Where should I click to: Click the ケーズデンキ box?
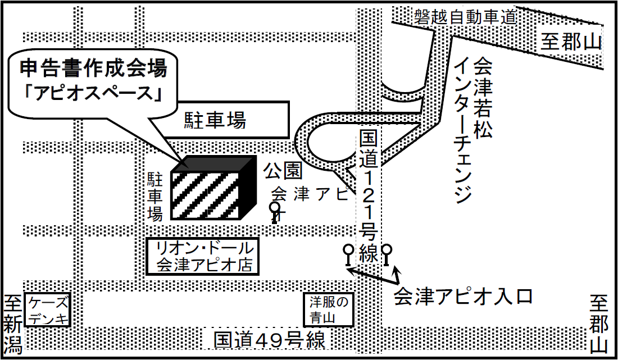[x=48, y=311]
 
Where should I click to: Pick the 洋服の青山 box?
[x=329, y=309]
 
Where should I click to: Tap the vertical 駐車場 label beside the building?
[x=155, y=197]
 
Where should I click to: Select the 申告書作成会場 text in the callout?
[x=93, y=69]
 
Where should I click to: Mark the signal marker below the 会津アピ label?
[x=275, y=212]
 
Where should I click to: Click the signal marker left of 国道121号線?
[x=348, y=254]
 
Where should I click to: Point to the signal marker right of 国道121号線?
[x=387, y=254]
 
